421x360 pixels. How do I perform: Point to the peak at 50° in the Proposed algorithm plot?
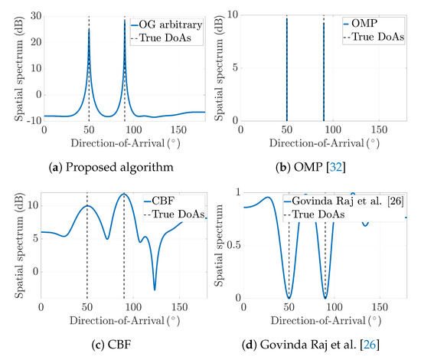click(89, 29)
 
